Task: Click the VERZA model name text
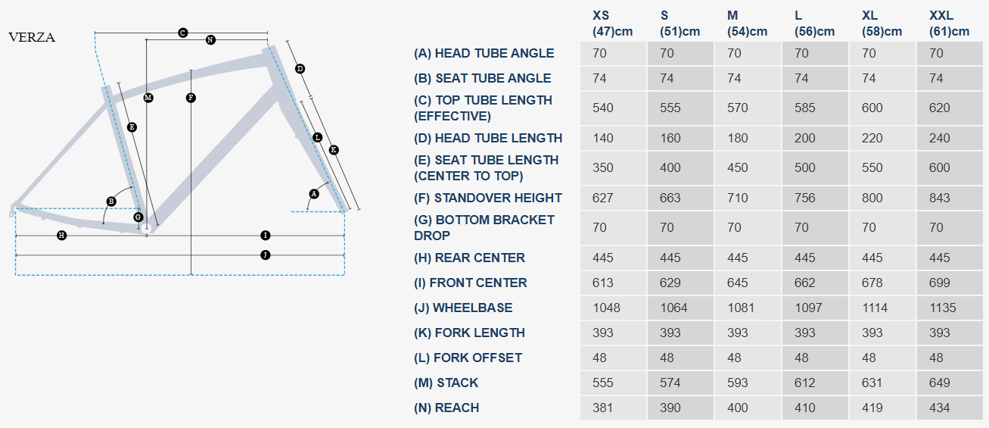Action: click(32, 38)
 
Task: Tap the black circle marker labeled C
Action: click(182, 33)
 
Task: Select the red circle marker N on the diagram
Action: click(210, 39)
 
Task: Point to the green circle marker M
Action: click(148, 98)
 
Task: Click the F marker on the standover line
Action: click(191, 98)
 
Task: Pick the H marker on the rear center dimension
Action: click(62, 236)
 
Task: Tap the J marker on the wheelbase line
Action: click(265, 255)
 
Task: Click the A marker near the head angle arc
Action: click(314, 194)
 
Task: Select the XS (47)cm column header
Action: click(612, 23)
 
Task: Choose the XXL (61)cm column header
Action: click(949, 23)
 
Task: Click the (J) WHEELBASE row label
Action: click(463, 308)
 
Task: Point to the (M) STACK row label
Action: click(446, 383)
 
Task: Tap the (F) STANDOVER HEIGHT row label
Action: click(488, 198)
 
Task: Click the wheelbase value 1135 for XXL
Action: click(943, 308)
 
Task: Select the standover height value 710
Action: click(738, 198)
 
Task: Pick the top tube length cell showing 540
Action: click(603, 108)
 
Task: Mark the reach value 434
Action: click(940, 408)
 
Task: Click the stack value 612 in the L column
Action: click(805, 383)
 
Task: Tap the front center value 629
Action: click(670, 283)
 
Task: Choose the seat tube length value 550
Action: click(872, 167)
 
